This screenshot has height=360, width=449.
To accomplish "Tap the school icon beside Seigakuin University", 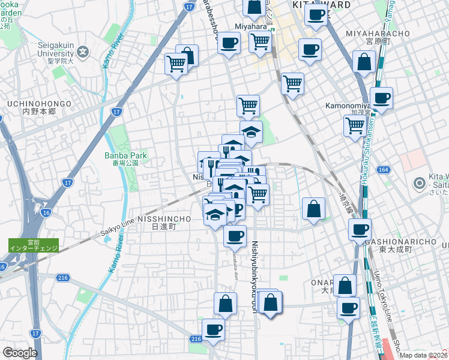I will click(x=83, y=52).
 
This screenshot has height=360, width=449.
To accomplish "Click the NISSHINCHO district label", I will click(x=164, y=220).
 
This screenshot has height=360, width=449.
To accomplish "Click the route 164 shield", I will click(x=384, y=171).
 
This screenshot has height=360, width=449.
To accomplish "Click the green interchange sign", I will click(x=34, y=245).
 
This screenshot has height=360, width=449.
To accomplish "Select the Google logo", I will click(x=20, y=353).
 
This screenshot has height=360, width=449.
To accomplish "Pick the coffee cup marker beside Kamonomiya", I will click(x=381, y=98).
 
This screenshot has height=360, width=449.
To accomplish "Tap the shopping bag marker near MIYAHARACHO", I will click(x=364, y=62).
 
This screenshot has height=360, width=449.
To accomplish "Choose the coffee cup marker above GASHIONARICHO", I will click(x=360, y=229).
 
